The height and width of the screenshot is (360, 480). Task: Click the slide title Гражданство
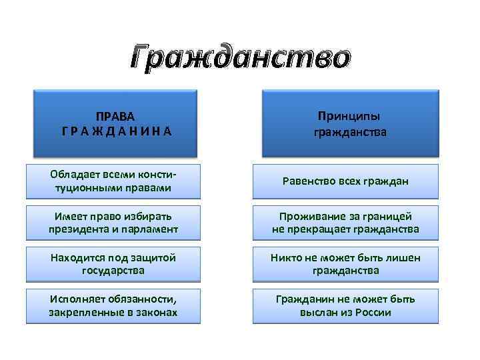239,58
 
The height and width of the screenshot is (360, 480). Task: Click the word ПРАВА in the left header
113,116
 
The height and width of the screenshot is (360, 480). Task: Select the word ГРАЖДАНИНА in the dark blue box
113,131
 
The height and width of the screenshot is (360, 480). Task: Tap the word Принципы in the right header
350,116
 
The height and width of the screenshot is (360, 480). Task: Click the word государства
113,271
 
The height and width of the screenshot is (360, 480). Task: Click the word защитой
153,258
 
